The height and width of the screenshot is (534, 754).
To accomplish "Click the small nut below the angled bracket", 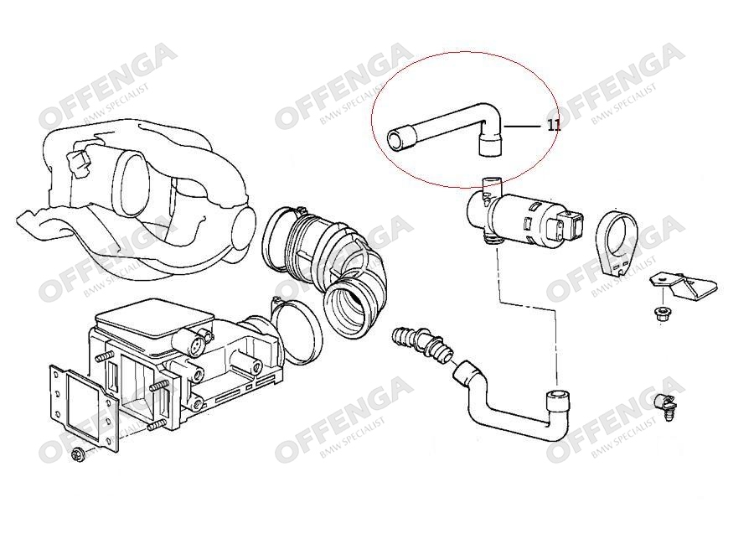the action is coord(661,315).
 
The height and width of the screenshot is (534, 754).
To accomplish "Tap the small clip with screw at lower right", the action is coord(666,407).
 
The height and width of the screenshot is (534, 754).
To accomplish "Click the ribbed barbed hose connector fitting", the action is coord(423,343).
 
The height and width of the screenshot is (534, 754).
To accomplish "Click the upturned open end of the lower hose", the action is coord(558,397).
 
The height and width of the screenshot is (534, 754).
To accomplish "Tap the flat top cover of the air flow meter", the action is coord(155,320).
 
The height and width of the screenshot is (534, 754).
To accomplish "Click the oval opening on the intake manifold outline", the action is coord(129,184).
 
